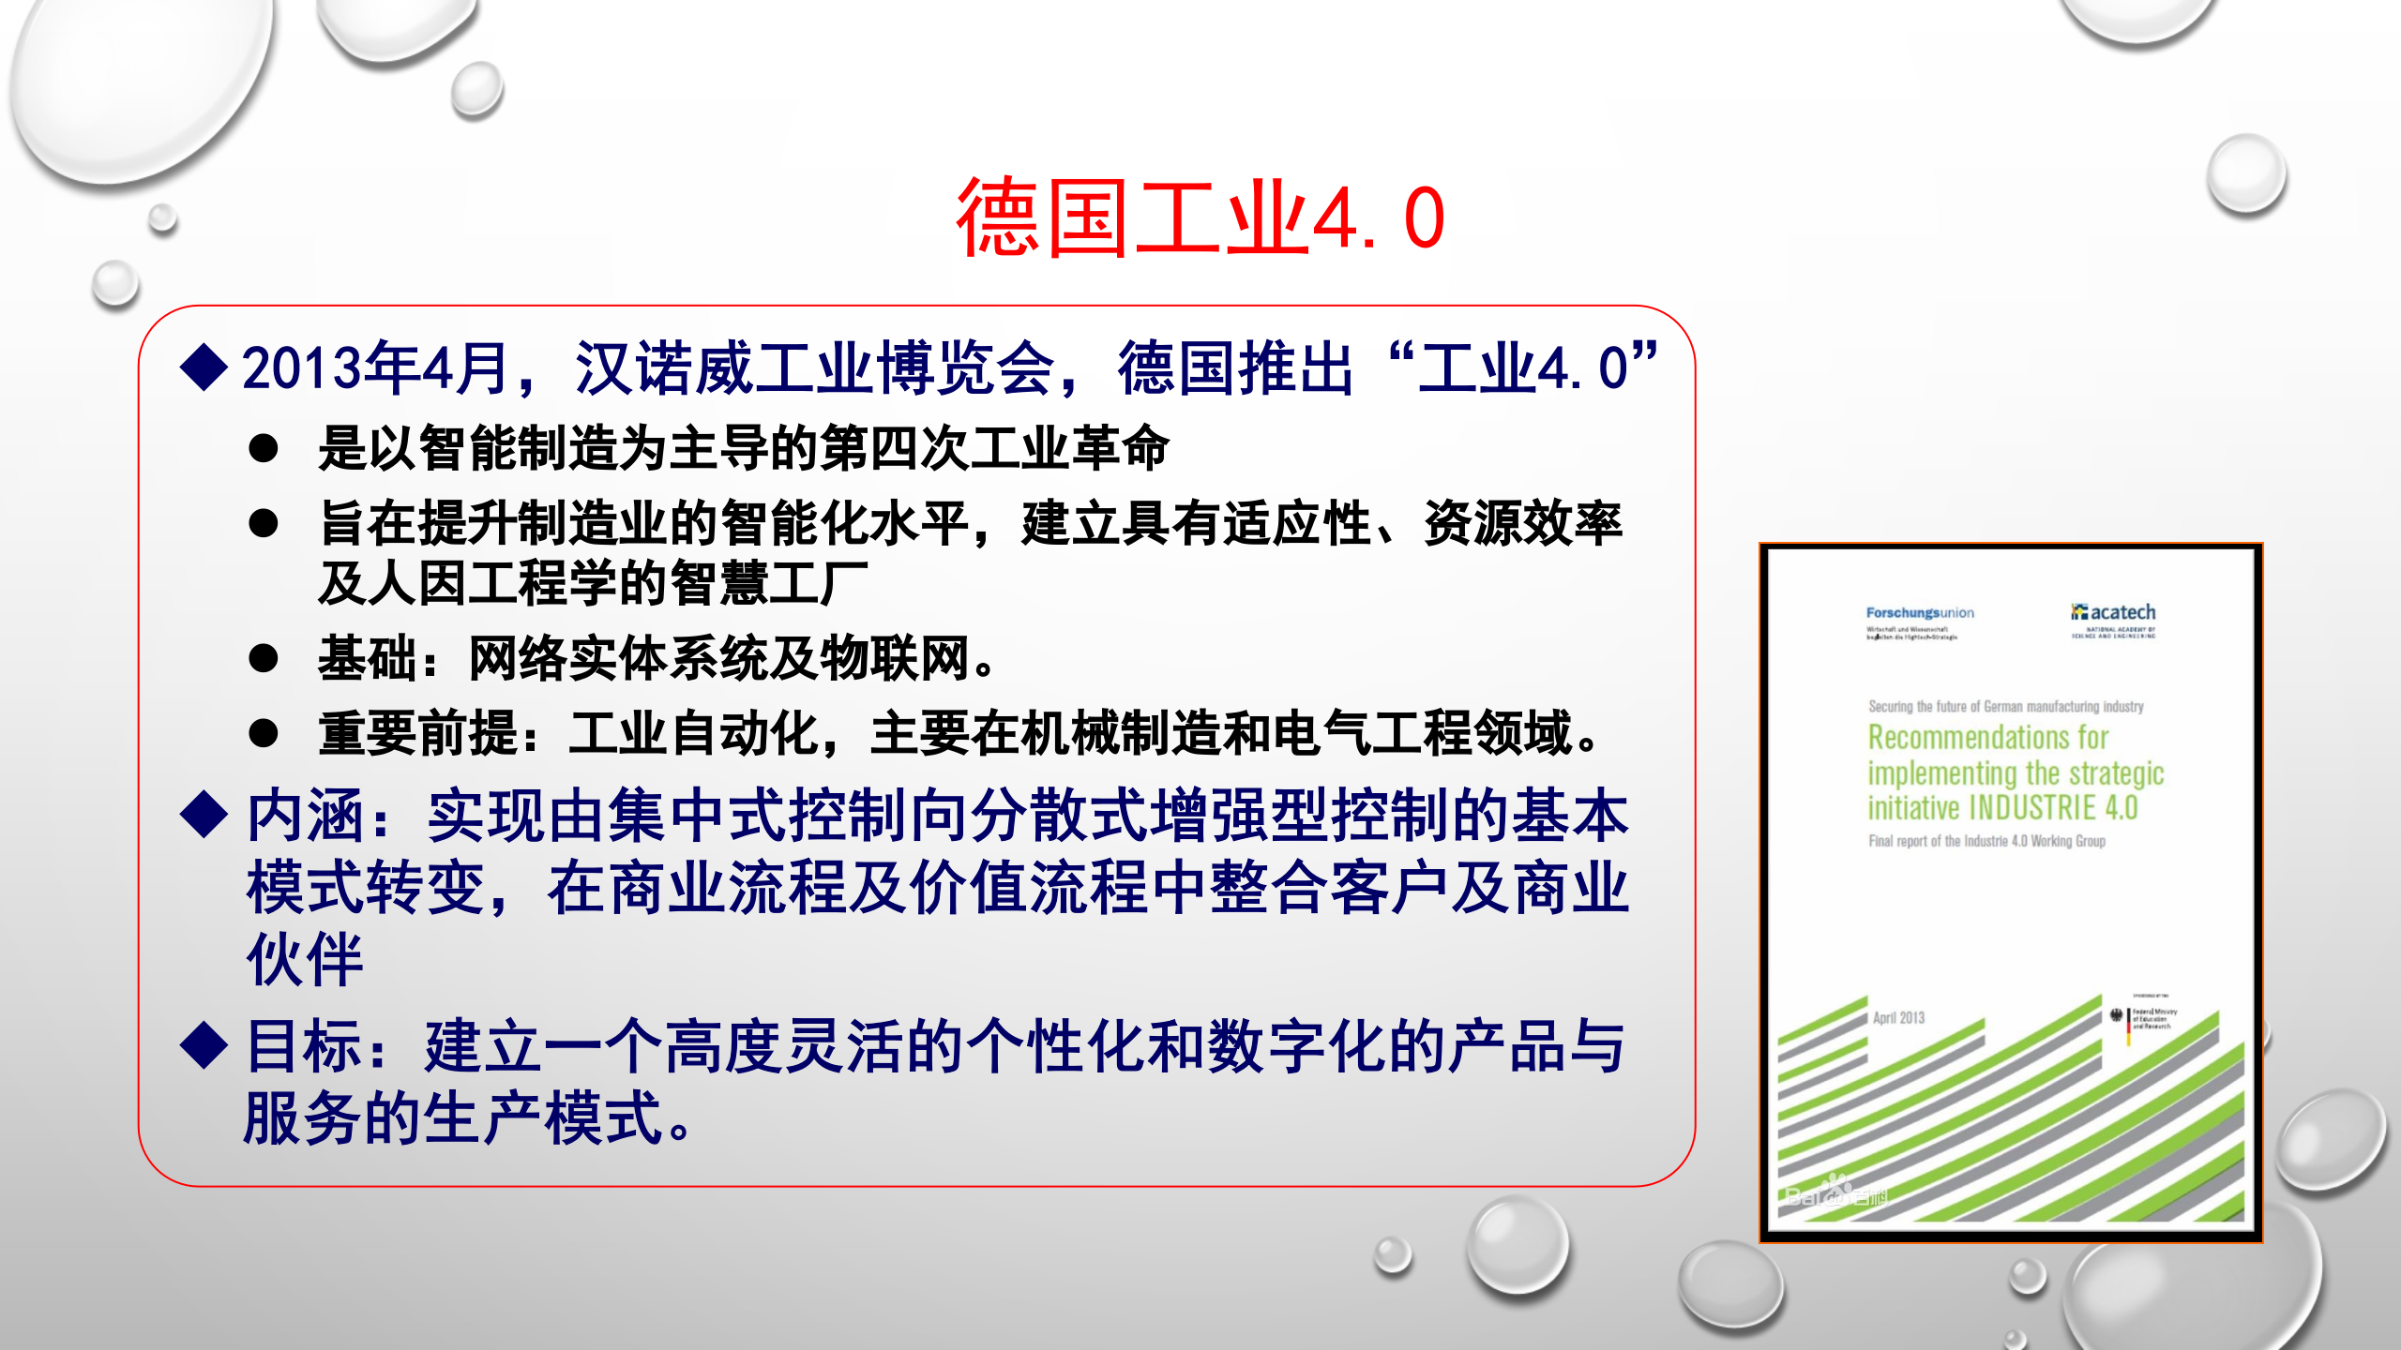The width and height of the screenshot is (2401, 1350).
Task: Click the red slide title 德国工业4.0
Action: coord(1200,218)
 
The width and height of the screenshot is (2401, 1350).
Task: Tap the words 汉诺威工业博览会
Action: coord(814,367)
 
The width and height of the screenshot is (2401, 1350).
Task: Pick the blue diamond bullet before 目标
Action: coord(204,1044)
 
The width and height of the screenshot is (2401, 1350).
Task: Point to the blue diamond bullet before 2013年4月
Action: coord(204,367)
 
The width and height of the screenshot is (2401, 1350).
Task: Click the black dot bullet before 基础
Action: coord(264,658)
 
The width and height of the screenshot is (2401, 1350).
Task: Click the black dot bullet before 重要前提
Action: coord(264,733)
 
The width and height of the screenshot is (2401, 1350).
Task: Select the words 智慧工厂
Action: coord(769,583)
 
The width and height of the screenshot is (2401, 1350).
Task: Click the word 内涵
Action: coord(305,816)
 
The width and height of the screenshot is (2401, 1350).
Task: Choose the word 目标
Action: coord(305,1046)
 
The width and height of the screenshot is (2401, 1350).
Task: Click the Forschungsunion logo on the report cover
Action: coord(1919,613)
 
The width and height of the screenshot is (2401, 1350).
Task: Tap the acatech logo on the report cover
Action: coord(2114,612)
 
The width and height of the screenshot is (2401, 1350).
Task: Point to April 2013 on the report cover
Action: coord(1898,1018)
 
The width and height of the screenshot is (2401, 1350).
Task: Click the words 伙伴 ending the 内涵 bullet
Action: coord(305,960)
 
